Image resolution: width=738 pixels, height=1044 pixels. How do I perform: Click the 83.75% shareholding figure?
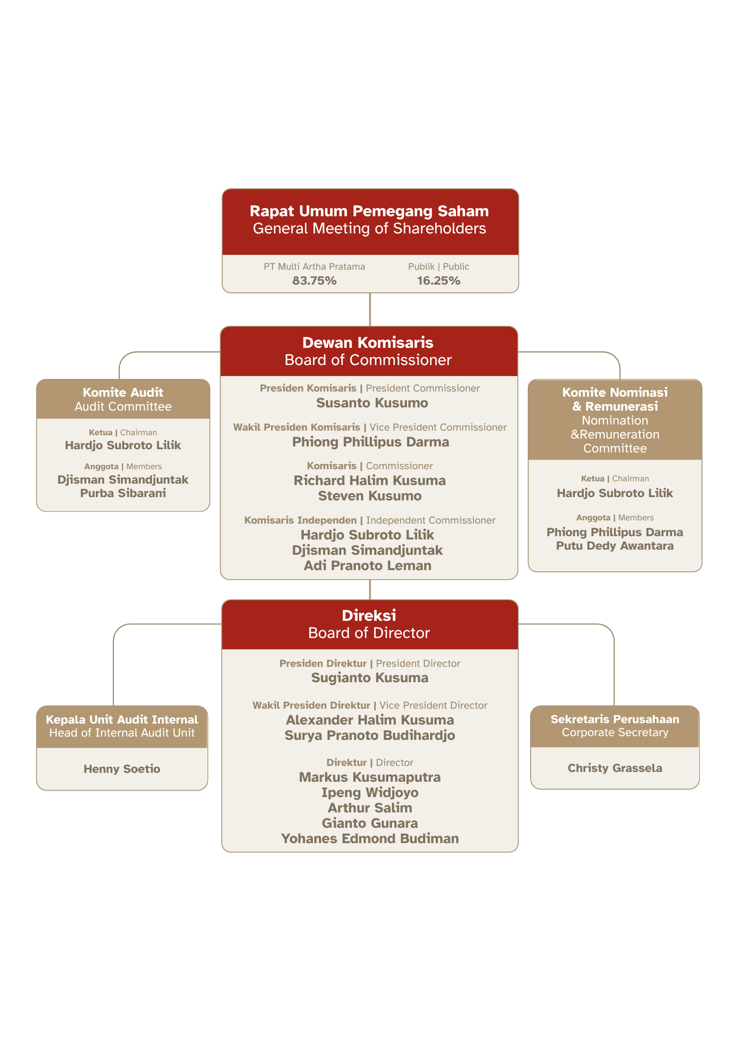(314, 280)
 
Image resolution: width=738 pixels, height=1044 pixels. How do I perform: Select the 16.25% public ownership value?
(439, 280)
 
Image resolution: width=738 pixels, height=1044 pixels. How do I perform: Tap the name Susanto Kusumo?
(372, 403)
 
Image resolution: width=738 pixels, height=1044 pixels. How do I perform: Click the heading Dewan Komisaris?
(368, 343)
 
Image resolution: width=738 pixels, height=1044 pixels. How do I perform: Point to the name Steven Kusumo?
(370, 496)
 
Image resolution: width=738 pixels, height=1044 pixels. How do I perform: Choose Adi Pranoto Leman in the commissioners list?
(367, 565)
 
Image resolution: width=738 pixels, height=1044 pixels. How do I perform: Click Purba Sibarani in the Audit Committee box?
(123, 493)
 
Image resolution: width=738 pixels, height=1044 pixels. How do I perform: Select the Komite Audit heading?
(123, 392)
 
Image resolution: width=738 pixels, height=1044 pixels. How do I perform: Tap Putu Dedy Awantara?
(615, 546)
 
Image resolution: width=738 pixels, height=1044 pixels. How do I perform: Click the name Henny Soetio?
(122, 769)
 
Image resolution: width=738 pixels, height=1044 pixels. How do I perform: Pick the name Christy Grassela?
(615, 768)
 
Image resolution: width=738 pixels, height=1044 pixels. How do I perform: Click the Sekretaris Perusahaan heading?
(615, 719)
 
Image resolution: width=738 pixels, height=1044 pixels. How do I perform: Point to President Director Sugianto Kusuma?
(370, 678)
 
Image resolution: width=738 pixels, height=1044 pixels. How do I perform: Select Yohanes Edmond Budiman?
(370, 838)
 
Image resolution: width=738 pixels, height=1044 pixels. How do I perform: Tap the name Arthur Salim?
(370, 808)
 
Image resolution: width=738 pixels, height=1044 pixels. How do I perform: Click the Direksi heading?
(369, 616)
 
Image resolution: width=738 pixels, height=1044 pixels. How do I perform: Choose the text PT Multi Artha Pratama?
(314, 266)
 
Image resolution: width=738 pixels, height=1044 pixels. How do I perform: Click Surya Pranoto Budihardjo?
(370, 735)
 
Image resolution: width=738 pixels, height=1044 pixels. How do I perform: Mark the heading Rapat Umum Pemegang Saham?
(369, 211)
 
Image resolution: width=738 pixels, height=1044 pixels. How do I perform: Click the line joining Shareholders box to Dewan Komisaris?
(370, 310)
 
